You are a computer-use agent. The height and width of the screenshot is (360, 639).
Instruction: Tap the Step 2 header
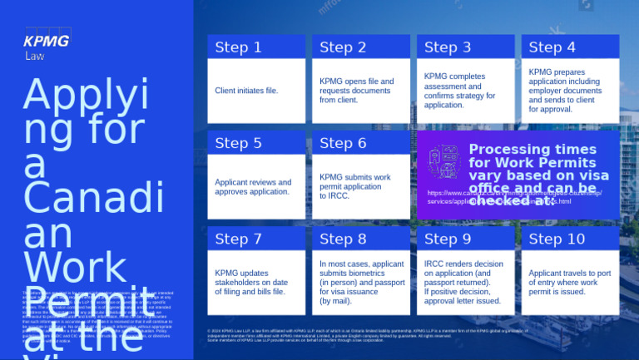[x=343, y=47]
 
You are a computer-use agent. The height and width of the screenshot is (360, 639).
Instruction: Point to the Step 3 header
[x=448, y=47]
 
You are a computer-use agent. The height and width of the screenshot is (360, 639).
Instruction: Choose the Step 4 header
[x=552, y=47]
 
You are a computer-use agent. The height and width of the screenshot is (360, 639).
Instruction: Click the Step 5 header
[x=238, y=143]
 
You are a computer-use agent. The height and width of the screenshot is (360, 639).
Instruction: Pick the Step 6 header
[x=343, y=143]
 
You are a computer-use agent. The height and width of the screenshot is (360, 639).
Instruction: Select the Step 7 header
[x=238, y=239]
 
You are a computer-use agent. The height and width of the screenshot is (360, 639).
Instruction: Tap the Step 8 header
[x=343, y=239]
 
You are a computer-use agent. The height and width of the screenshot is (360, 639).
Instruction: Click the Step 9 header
[x=448, y=239]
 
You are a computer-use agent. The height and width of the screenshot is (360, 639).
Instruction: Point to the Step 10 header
[x=557, y=239]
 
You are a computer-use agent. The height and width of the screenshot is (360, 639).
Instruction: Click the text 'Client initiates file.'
[x=246, y=90]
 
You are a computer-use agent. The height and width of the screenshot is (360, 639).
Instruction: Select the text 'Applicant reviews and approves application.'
[x=253, y=187]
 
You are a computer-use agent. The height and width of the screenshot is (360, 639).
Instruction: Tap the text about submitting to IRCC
[x=354, y=187]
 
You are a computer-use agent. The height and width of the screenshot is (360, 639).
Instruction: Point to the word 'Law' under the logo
[x=34, y=57]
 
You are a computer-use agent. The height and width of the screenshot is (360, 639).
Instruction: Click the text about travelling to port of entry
[x=570, y=283]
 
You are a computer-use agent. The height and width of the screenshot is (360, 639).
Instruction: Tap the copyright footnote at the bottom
[x=366, y=335]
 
